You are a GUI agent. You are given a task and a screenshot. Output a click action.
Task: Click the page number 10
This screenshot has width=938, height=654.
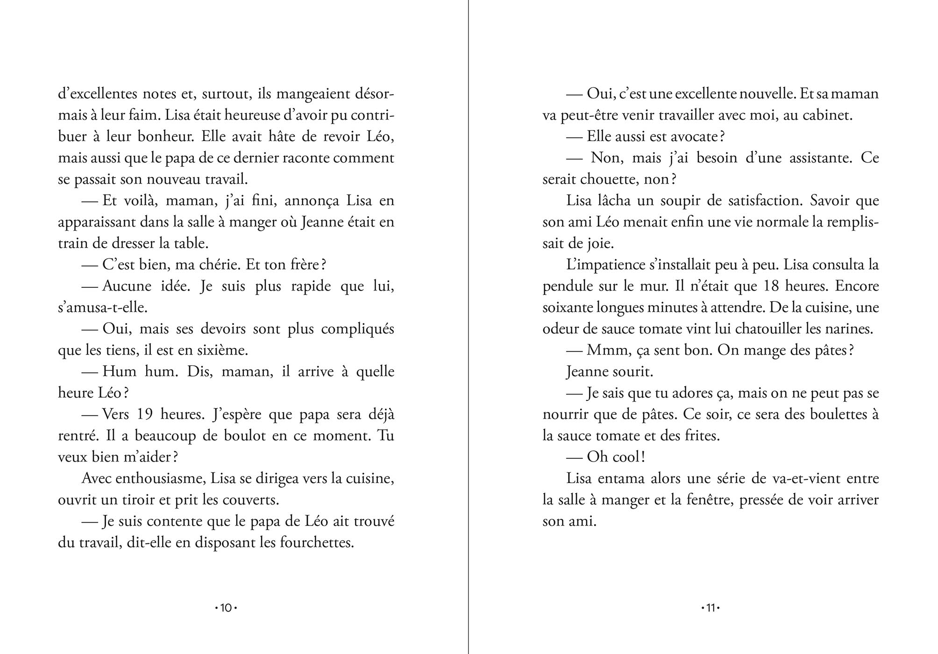point(226,608)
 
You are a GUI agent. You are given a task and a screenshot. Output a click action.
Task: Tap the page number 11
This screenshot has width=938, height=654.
point(711,608)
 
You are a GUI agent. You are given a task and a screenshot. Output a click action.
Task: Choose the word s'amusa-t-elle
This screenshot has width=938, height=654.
point(103,307)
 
